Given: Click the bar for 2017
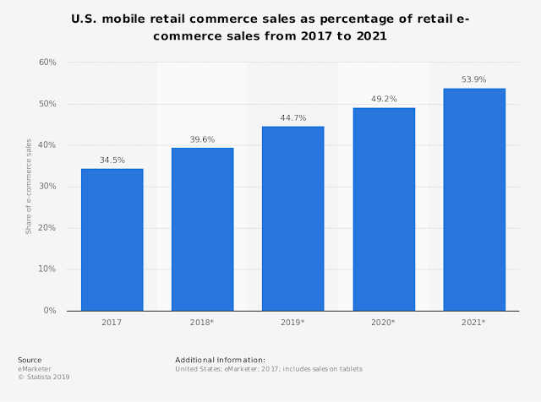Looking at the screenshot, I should (x=112, y=240).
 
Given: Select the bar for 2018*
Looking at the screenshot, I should (x=202, y=229).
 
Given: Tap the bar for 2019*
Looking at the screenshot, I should (x=293, y=219).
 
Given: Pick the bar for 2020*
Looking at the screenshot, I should (x=384, y=209).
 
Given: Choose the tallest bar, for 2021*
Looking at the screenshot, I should (x=474, y=199).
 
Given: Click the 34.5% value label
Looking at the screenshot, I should (x=112, y=160).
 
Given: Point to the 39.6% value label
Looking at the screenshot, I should (x=202, y=139).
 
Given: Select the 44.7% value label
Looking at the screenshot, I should (x=293, y=117).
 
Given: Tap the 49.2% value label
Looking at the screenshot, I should (x=384, y=99).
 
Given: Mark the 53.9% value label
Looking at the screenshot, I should (x=474, y=79).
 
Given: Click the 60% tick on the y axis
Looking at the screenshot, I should (x=46, y=62).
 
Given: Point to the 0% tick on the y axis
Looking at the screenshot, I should (x=49, y=311).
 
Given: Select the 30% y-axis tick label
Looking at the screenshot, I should (x=46, y=187).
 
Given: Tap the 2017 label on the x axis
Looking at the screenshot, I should (x=112, y=323).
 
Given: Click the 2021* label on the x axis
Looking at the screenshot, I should (x=474, y=323).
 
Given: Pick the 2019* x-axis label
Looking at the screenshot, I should (x=293, y=323).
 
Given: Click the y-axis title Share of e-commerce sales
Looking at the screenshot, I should (x=28, y=187).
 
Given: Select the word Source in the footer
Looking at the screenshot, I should (x=30, y=360).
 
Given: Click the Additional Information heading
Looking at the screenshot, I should (x=220, y=360).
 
